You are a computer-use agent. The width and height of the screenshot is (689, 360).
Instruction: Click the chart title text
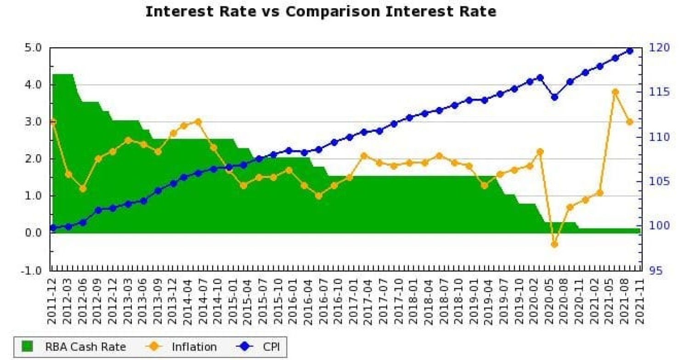click(321, 11)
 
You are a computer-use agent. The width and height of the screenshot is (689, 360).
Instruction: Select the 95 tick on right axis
click(656, 270)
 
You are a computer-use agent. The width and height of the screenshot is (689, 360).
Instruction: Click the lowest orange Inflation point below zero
click(554, 244)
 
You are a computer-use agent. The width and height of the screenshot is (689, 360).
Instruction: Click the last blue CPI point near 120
click(630, 51)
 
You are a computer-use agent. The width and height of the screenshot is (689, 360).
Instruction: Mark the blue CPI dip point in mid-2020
click(554, 97)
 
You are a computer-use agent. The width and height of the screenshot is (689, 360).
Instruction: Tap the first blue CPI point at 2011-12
click(53, 228)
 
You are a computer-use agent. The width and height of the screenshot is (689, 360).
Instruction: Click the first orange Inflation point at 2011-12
click(53, 122)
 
